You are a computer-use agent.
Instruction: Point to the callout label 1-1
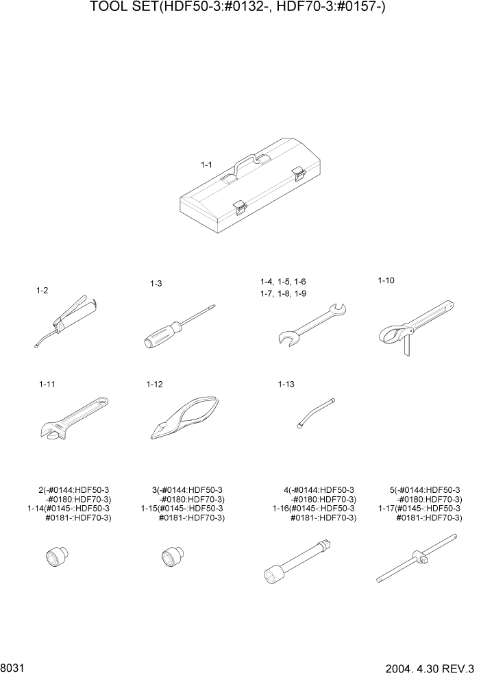click(206, 165)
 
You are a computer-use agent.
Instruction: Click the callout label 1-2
click(42, 291)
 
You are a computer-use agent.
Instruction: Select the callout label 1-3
click(156, 283)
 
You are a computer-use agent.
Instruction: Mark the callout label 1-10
click(386, 280)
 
